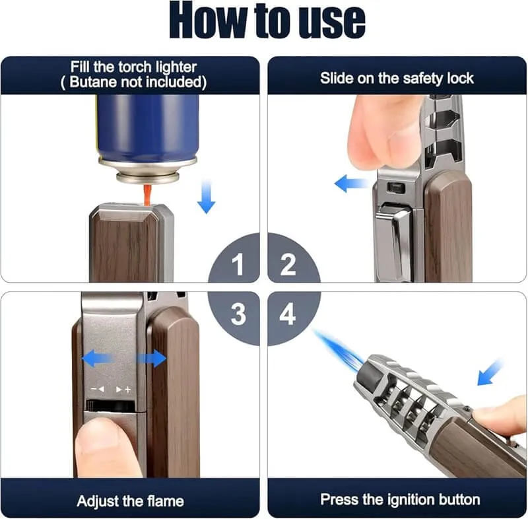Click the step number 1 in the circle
237,265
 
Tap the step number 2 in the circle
288,265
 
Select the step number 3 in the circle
238,315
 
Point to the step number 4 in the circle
288,315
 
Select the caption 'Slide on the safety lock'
397,78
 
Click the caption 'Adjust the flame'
130,500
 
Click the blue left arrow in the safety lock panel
349,183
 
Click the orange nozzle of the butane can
147,193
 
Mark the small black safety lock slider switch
396,188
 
